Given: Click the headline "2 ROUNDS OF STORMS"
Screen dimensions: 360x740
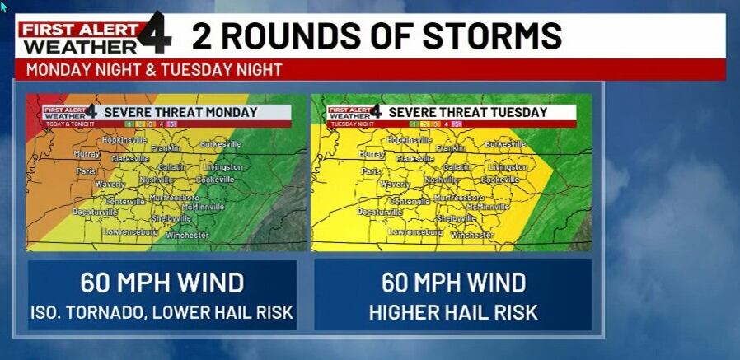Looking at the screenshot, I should pos(377,36).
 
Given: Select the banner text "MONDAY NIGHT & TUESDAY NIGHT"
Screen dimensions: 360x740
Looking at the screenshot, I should pos(154,70).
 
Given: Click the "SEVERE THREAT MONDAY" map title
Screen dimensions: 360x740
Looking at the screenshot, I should pos(180,112).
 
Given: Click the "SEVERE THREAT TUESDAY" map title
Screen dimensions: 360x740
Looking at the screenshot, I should pos(467,112).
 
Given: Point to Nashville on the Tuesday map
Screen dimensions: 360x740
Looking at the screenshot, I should pos(442,179).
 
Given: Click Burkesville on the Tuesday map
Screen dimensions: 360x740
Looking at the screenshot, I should pos(505,144).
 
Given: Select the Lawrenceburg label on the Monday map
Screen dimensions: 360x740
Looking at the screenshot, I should pos(130,232).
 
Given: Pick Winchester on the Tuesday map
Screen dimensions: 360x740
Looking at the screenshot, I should pos(472,235).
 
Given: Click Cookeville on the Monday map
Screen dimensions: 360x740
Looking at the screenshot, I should pos(215,179).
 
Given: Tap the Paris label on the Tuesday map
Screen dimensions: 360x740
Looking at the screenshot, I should pos(371,171).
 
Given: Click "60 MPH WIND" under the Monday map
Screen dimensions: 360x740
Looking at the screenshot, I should pos(162,283).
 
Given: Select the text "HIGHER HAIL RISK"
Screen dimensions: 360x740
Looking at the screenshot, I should pos(453,312).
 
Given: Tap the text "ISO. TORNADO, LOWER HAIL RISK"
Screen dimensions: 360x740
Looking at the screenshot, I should pos(162,312).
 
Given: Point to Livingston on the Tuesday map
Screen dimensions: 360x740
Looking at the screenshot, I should pos(507,166).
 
